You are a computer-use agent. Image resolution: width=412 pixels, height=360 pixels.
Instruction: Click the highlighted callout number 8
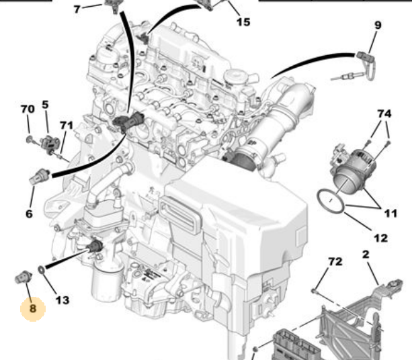pyautogui.click(x=33, y=308)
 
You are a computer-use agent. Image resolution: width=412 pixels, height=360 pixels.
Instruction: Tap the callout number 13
pyautogui.click(x=63, y=300)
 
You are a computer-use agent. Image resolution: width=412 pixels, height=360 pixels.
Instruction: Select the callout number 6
pyautogui.click(x=29, y=214)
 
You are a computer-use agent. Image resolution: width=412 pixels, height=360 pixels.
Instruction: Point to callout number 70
pyautogui.click(x=28, y=109)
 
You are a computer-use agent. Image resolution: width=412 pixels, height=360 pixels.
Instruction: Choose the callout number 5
pyautogui.click(x=45, y=105)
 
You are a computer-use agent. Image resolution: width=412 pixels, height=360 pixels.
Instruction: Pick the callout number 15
pyautogui.click(x=243, y=22)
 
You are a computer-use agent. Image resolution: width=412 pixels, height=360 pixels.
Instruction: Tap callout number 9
pyautogui.click(x=378, y=26)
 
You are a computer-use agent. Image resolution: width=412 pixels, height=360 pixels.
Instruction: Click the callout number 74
pyautogui.click(x=384, y=114)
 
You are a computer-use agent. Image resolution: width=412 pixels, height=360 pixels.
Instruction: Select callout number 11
pyautogui.click(x=390, y=213)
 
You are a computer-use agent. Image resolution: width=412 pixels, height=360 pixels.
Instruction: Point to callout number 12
pyautogui.click(x=380, y=238)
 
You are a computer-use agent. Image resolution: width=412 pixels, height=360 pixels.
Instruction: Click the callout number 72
pyautogui.click(x=335, y=261)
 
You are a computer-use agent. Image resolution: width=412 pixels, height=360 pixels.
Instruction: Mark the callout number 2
pyautogui.click(x=366, y=254)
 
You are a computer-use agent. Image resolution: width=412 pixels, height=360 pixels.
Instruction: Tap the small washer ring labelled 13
pyautogui.click(x=42, y=269)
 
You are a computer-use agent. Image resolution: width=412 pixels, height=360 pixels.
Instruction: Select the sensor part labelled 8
pyautogui.click(x=23, y=277)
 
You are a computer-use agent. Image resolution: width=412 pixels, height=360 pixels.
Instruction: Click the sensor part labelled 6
pyautogui.click(x=40, y=176)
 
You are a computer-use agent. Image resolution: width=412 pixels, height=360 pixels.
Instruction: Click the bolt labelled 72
pyautogui.click(x=315, y=291)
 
